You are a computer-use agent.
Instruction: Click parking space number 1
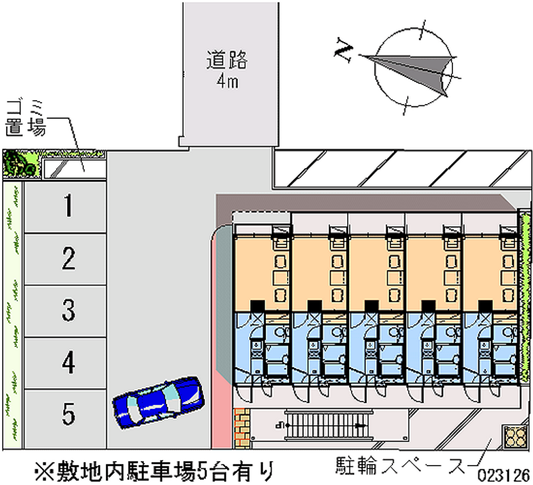[67, 206]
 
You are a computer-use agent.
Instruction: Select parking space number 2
[67, 258]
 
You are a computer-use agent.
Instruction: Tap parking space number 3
[67, 310]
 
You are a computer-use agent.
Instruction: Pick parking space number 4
[67, 362]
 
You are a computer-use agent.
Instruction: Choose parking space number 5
[67, 414]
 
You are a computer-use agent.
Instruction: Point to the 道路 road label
[227, 60]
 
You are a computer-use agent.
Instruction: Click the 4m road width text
[227, 82]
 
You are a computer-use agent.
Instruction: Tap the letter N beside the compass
[344, 50]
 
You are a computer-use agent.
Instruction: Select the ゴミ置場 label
[26, 118]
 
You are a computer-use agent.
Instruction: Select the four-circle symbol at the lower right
[516, 437]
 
